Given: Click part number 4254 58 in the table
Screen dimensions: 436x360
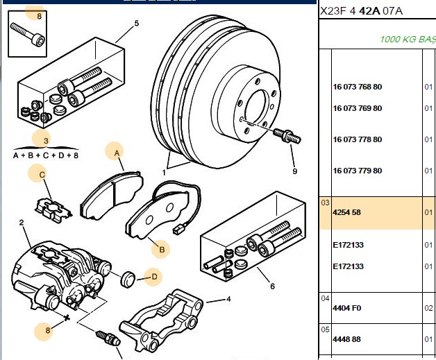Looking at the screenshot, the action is click(x=346, y=212).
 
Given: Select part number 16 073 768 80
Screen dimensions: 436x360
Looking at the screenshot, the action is click(x=358, y=87).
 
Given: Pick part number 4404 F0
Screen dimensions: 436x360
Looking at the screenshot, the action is click(x=346, y=308).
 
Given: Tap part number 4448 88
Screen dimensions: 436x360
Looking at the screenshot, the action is click(x=346, y=339).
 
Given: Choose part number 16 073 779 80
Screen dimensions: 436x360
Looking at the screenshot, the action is click(x=358, y=171).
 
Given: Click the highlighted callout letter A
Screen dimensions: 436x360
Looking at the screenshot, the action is click(x=117, y=153).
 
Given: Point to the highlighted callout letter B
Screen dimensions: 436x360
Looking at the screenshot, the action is click(x=162, y=250).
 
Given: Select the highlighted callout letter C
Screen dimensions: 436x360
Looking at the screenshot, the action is click(x=42, y=175).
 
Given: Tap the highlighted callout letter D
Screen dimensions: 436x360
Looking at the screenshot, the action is click(x=154, y=277).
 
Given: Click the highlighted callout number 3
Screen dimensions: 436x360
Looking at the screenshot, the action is click(x=46, y=141).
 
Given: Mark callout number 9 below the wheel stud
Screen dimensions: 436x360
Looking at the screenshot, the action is click(x=295, y=171).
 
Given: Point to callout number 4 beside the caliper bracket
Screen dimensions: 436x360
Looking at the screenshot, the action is click(x=228, y=299).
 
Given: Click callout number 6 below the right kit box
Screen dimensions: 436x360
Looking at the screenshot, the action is click(x=272, y=286).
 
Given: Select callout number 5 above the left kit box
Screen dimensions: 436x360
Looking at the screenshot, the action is click(x=136, y=24).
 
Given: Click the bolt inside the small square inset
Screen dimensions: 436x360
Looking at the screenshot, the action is click(x=27, y=35).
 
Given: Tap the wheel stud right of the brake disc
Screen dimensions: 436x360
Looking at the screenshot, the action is click(x=287, y=136).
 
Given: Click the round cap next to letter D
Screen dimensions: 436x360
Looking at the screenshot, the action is click(x=128, y=279).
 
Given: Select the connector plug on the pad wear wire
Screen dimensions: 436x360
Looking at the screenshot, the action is click(x=177, y=230).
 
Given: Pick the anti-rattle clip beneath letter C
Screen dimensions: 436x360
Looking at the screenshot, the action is click(x=53, y=209).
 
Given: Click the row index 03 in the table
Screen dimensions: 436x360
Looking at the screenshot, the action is click(x=325, y=203).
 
